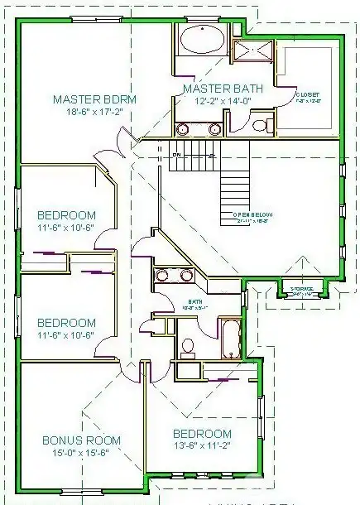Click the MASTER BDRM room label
pos(94,99)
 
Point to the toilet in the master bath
pos(260,126)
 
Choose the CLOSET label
pos(308,95)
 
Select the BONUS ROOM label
pos(82,440)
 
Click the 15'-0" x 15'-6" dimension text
pos(82,454)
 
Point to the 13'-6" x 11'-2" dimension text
pos(202,447)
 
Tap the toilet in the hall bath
pos(188,344)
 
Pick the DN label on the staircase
pos(175,155)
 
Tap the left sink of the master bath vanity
pos(183,128)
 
